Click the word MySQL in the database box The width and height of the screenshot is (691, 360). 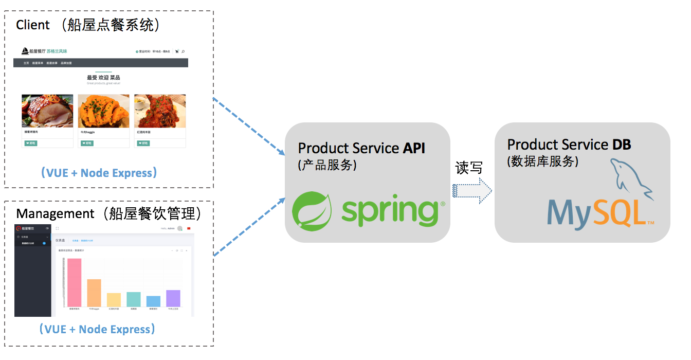click(596, 212)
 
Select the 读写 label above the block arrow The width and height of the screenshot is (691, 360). click(468, 168)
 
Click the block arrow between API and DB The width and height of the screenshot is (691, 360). click(472, 191)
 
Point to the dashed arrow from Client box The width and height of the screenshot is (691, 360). click(249, 126)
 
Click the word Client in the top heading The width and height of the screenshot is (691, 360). click(33, 25)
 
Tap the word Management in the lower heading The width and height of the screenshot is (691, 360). click(56, 213)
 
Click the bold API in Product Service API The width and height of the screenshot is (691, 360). click(414, 148)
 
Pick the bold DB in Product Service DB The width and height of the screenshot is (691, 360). click(622, 145)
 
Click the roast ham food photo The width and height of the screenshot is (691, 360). click(47, 111)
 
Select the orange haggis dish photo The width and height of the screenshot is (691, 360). click(103, 111)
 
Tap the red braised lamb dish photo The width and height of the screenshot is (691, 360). click(160, 111)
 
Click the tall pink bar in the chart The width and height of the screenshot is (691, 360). click(75, 282)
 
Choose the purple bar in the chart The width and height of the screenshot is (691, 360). click(173, 298)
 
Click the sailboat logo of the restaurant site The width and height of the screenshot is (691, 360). click(25, 51)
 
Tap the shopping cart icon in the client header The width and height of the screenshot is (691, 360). click(177, 51)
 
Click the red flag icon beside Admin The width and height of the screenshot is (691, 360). click(189, 228)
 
